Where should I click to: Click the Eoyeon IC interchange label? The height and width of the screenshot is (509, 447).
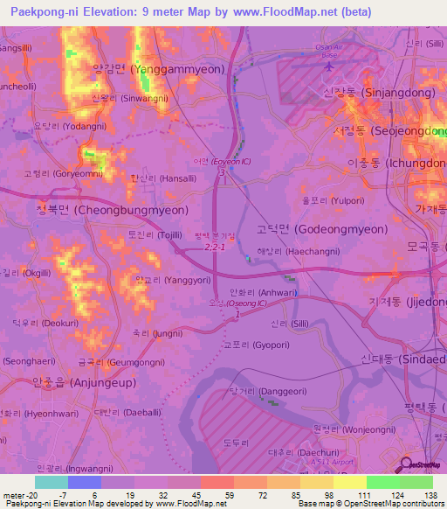point(222,161)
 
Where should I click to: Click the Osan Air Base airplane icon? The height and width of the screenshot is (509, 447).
point(329,65)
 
